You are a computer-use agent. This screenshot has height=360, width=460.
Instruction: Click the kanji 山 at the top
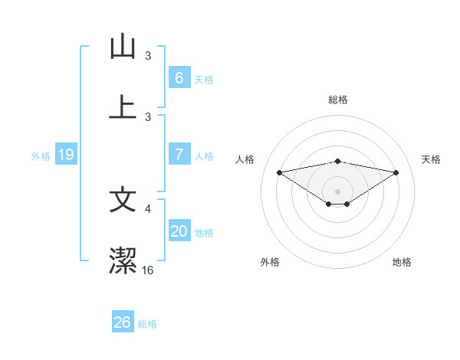click(x=123, y=47)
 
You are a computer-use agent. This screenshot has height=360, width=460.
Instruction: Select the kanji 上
click(x=123, y=107)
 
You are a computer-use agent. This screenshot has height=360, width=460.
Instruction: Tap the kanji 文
click(x=123, y=200)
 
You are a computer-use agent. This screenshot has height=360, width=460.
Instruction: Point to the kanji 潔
click(x=123, y=261)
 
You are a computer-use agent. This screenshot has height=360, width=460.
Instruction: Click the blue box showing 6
click(x=179, y=77)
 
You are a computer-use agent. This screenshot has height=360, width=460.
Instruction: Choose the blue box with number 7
click(x=179, y=155)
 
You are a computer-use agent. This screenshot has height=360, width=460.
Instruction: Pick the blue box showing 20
click(x=179, y=231)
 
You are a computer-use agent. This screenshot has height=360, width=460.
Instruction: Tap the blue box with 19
click(x=66, y=155)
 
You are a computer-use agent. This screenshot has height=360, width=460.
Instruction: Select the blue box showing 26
click(x=123, y=322)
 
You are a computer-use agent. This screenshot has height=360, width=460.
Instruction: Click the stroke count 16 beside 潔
click(x=148, y=270)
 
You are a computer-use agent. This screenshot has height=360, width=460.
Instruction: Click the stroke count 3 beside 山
click(x=149, y=55)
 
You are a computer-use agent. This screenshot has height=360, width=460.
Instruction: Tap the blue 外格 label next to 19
click(x=41, y=155)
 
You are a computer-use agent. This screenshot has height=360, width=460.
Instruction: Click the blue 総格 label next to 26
click(x=147, y=323)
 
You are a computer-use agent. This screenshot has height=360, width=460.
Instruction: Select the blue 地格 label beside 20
click(x=204, y=232)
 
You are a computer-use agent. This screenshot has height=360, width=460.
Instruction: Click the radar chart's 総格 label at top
click(x=337, y=100)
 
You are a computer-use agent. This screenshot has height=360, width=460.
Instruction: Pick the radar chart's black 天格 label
click(x=432, y=159)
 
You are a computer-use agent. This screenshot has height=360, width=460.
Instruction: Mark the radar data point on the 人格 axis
click(x=279, y=172)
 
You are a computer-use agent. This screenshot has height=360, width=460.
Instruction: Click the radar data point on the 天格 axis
click(x=396, y=172)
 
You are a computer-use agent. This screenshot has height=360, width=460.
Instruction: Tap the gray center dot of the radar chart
click(x=337, y=191)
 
